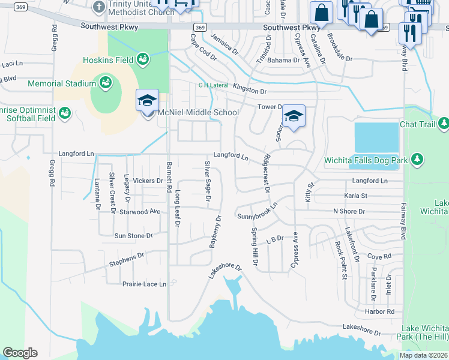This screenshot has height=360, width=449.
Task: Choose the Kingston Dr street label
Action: click(x=249, y=90)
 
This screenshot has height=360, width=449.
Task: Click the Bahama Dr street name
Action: click(x=283, y=61)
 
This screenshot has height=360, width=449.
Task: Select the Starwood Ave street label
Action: click(x=140, y=212)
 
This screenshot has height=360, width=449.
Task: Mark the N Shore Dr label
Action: click(x=349, y=212)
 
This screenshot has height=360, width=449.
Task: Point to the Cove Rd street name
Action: click(x=379, y=256)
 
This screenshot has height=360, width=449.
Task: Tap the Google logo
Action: click(x=20, y=353)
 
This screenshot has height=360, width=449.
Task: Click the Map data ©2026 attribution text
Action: click(x=424, y=355)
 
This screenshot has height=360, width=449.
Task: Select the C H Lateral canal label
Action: click(x=214, y=85)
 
